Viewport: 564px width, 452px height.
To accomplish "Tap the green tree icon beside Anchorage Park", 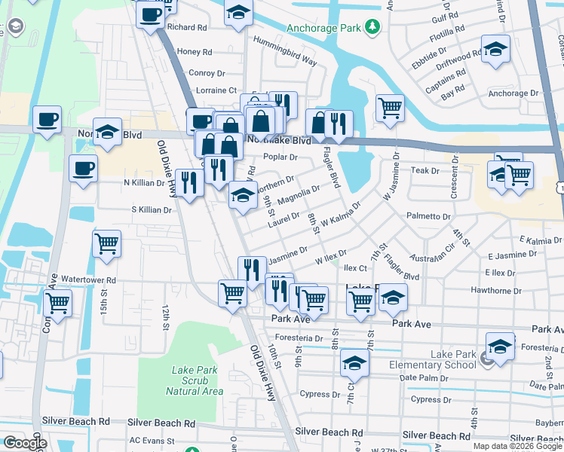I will [x=371, y=29].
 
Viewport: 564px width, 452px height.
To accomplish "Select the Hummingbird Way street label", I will [x=284, y=50].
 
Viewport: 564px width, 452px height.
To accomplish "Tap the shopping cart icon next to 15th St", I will [x=106, y=243].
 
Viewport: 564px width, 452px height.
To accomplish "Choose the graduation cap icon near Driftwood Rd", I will [x=495, y=50].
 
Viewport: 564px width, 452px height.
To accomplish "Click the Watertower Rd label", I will [x=89, y=279].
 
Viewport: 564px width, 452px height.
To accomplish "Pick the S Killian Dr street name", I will [x=152, y=209].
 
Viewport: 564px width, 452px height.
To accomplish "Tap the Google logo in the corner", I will [x=25, y=443].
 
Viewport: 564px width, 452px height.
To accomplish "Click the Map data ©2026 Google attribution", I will [x=516, y=446].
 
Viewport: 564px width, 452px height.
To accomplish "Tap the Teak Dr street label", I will [x=425, y=171].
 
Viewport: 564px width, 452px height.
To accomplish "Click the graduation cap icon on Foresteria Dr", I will [x=499, y=347].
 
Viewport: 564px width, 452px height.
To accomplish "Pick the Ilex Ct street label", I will [x=354, y=268].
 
